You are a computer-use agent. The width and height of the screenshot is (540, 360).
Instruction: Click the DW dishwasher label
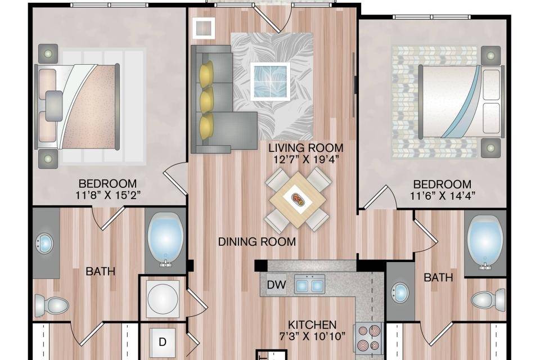[x=277, y=285]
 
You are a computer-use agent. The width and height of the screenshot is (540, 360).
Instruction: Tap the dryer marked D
[x=163, y=341]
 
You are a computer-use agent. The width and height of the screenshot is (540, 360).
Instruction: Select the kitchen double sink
[x=309, y=284]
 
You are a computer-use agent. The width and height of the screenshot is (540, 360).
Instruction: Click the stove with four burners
[x=368, y=338]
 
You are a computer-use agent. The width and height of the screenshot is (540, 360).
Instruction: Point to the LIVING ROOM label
[x=306, y=148]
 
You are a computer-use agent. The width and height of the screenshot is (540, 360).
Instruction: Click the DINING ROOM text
[x=257, y=241]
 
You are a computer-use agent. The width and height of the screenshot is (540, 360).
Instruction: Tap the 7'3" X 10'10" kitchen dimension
[x=312, y=336]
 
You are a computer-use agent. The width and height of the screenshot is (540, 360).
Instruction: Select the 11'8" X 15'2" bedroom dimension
[x=108, y=195]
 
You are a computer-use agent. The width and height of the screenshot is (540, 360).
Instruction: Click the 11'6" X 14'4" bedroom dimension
[x=443, y=196]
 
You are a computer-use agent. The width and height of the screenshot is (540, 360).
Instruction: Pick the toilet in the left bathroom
[x=52, y=305]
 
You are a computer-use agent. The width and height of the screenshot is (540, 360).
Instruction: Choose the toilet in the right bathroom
[x=488, y=299]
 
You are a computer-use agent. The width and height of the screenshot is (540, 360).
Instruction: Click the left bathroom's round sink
[x=45, y=243]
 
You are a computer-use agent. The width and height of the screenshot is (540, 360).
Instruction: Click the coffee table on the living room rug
[x=270, y=82]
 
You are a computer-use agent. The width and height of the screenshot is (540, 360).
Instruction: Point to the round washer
[x=163, y=298]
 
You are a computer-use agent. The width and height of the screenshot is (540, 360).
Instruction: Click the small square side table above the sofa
[x=204, y=27]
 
